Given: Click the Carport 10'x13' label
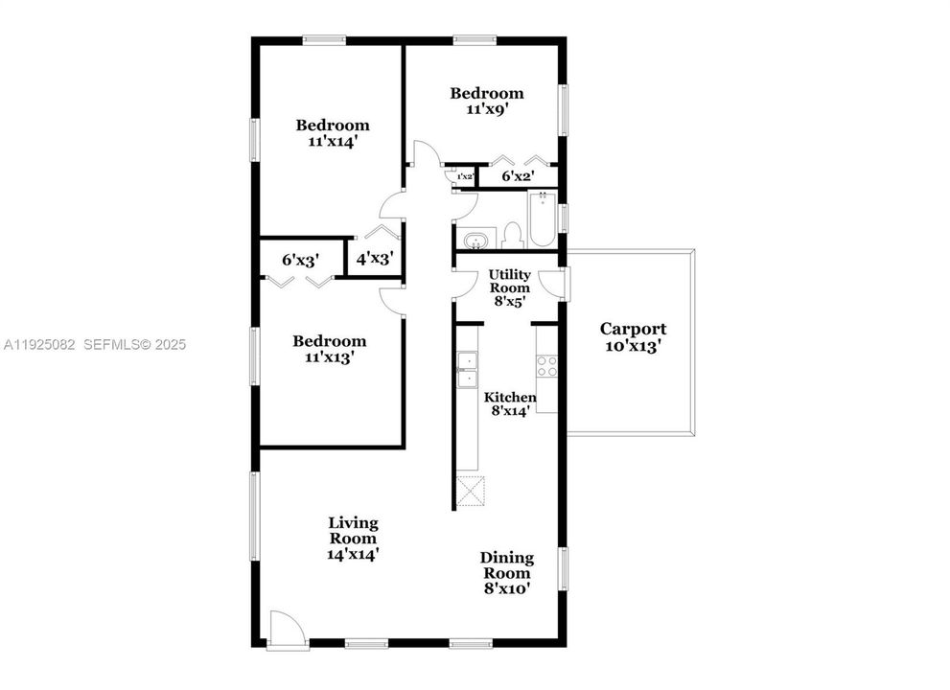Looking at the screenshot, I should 633,337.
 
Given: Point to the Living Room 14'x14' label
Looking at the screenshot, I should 354,538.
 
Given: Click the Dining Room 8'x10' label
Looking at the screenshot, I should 507,573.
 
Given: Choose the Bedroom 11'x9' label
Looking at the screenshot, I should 487,101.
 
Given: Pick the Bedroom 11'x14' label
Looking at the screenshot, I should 332,132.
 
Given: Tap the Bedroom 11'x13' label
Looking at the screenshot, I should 330,349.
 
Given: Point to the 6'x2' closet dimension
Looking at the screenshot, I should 518,176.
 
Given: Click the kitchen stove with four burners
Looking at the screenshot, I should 545,366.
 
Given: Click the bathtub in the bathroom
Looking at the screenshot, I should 542,219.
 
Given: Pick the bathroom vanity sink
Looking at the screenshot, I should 474,240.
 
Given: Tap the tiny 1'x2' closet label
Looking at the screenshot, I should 464,177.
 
